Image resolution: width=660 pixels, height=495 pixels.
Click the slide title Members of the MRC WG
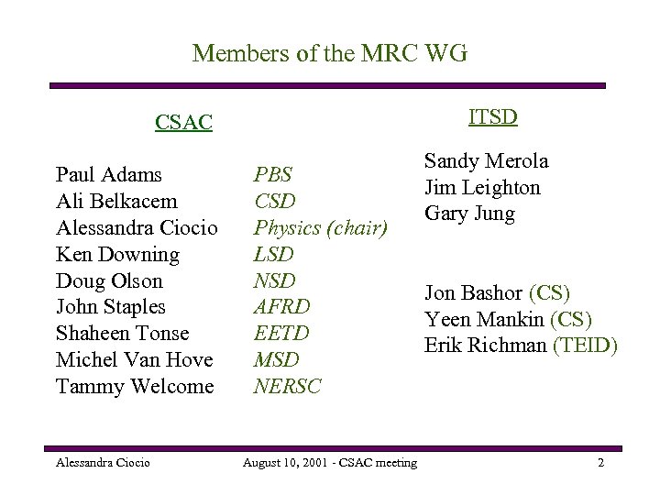pyautogui.click(x=330, y=54)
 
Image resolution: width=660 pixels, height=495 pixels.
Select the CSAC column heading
pyautogui.click(x=183, y=123)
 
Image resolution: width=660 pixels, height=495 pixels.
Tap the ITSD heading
pyautogui.click(x=493, y=116)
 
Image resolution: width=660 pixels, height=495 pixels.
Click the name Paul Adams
pyautogui.click(x=108, y=174)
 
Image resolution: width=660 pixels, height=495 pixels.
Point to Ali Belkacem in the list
pyautogui.click(x=116, y=201)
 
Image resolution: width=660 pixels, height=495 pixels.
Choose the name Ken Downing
pyautogui.click(x=117, y=254)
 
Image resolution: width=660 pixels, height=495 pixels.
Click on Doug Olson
pyautogui.click(x=109, y=280)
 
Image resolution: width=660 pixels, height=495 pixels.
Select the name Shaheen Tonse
pyautogui.click(x=122, y=334)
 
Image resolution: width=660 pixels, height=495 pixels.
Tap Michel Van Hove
pyautogui.click(x=134, y=359)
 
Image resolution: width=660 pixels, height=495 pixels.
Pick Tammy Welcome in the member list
pyautogui.click(x=135, y=386)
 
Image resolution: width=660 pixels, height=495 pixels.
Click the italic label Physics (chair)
pyautogui.click(x=321, y=227)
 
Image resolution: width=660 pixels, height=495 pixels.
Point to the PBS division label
pyautogui.click(x=273, y=174)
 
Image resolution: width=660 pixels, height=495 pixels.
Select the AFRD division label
pyautogui.click(x=282, y=307)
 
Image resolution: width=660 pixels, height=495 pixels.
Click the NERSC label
pyautogui.click(x=288, y=386)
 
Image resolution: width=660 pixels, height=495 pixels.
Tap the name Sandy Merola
pyautogui.click(x=486, y=161)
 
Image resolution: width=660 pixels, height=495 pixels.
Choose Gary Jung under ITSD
pyautogui.click(x=469, y=214)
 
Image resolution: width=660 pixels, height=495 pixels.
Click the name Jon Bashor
pyautogui.click(x=473, y=293)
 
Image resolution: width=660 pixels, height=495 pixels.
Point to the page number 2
pyautogui.click(x=600, y=463)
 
